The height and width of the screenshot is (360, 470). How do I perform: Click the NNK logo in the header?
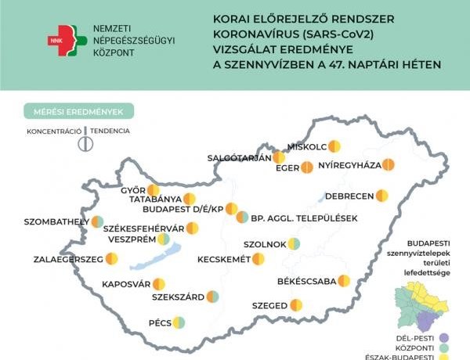[x=63, y=39]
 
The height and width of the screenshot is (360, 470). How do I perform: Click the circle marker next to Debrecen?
[x=382, y=195]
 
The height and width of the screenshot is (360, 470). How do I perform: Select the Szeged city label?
[x=269, y=305]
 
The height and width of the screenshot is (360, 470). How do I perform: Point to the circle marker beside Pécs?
[x=179, y=322]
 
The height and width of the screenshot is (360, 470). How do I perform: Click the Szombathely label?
[x=56, y=221]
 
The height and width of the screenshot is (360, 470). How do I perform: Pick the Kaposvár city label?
[x=125, y=284]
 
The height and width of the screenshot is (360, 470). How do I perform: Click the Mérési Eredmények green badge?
[x=78, y=111]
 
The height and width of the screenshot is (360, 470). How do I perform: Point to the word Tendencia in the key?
[x=110, y=131]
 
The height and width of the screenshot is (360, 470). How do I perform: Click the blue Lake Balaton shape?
[x=165, y=254]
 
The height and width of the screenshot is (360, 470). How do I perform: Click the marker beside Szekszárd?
[x=212, y=297]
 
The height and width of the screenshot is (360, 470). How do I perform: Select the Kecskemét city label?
[x=224, y=259]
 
